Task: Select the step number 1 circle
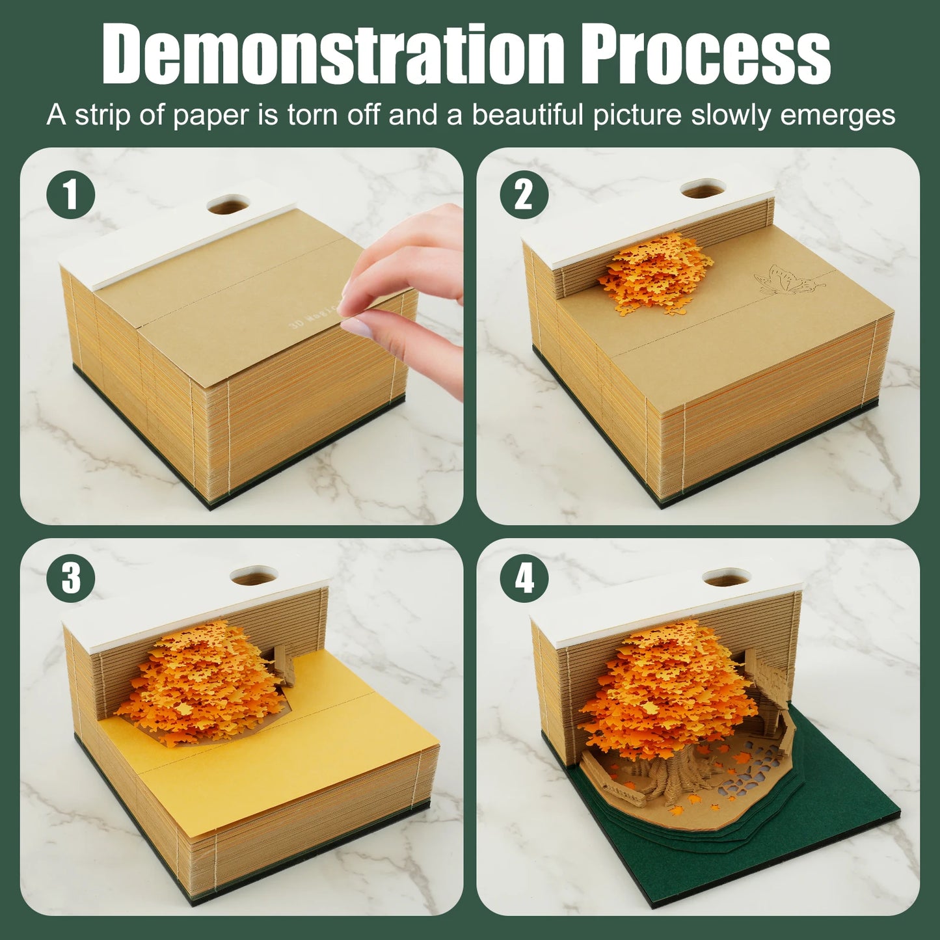[71, 194]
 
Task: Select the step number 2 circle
[524, 194]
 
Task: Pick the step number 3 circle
[71, 578]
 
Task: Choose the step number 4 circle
[524, 578]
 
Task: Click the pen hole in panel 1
[229, 206]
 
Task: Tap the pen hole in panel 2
[703, 189]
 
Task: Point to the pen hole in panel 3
[254, 576]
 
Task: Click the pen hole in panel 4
[727, 576]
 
